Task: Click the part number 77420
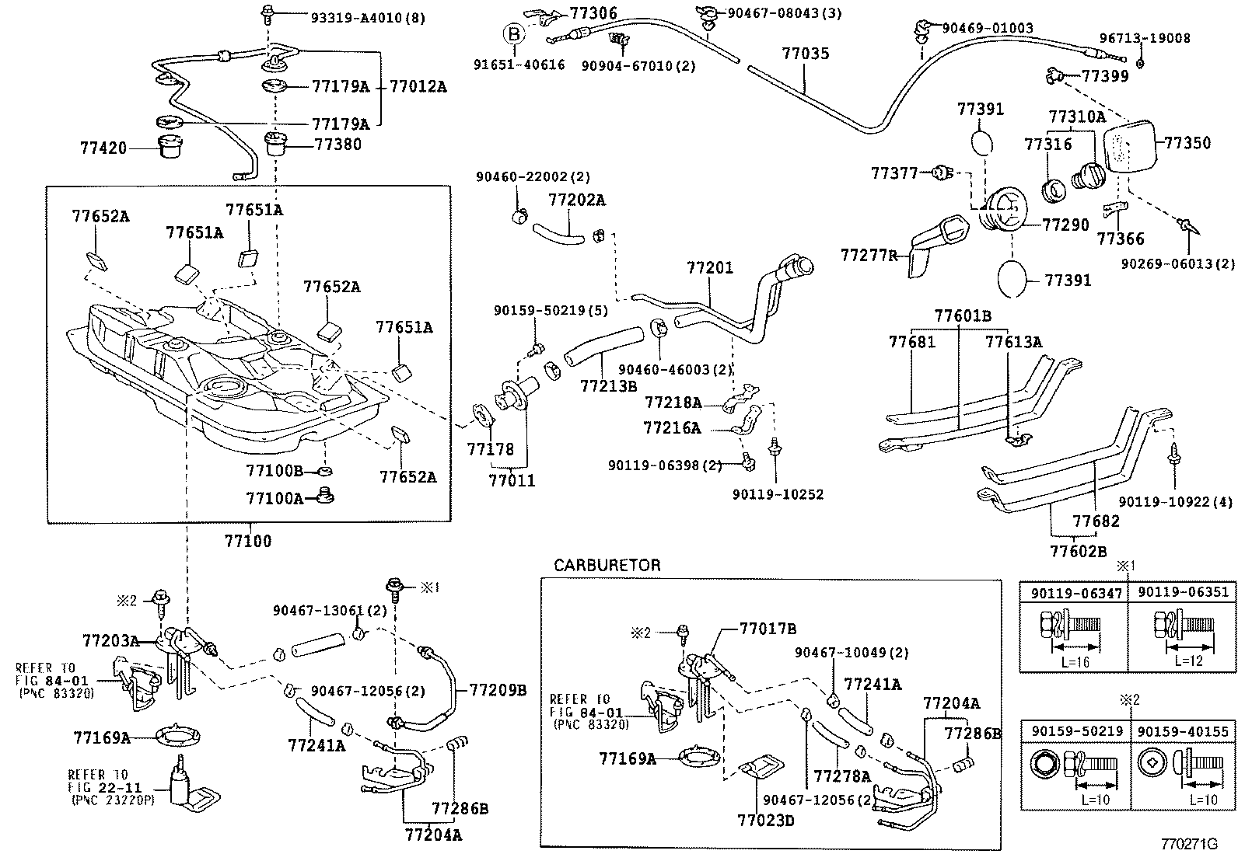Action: pos(103,146)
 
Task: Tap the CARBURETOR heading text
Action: pos(607,565)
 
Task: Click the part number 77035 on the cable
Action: pos(805,54)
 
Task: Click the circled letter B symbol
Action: pos(513,33)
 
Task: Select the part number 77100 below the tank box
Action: pos(248,541)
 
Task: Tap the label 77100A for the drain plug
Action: pos(274,498)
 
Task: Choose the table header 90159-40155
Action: pos(1182,731)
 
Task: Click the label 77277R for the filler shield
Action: pos(869,255)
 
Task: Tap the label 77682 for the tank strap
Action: pos(1096,521)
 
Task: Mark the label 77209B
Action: pos(498,689)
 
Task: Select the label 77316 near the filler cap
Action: pos(1047,145)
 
